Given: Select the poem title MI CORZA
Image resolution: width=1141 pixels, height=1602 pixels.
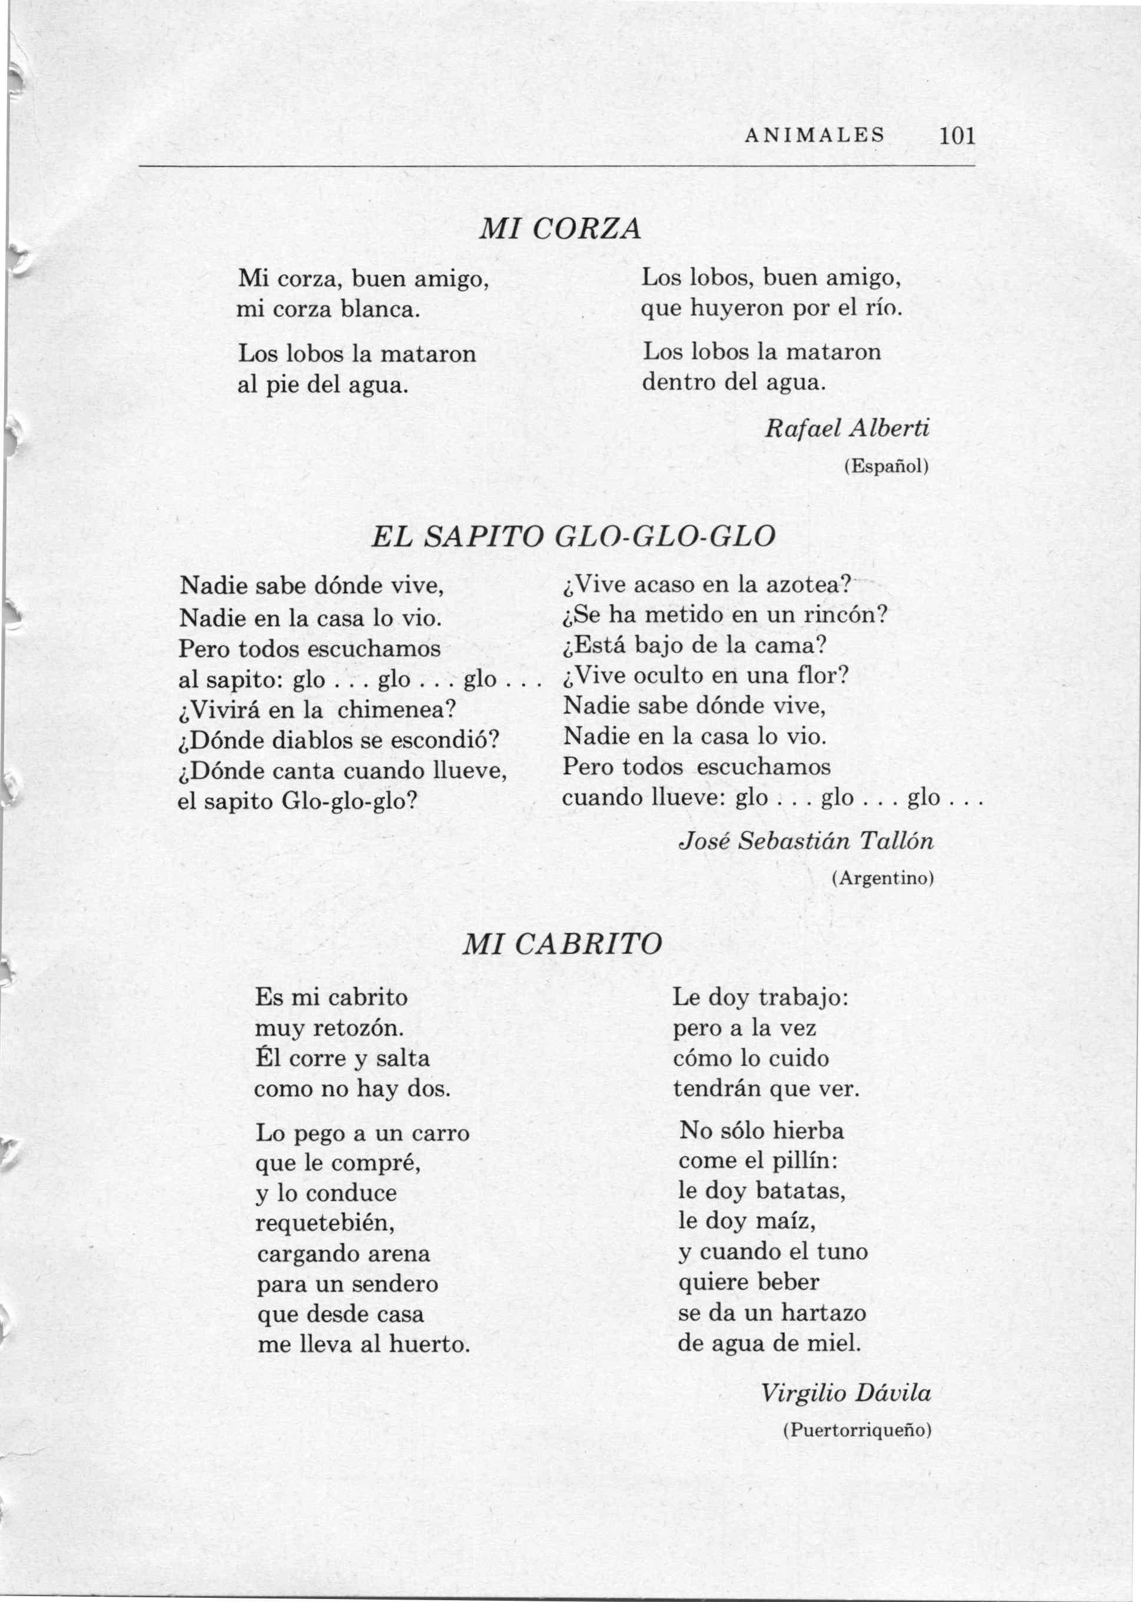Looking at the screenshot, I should pyautogui.click(x=560, y=229).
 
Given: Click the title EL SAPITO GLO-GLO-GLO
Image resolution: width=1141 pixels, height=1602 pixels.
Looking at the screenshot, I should pyautogui.click(x=573, y=537).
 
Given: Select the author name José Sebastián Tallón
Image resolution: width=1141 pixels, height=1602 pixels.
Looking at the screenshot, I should pyautogui.click(x=807, y=841).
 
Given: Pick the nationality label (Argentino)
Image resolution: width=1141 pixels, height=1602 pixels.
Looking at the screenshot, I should pyautogui.click(x=883, y=878).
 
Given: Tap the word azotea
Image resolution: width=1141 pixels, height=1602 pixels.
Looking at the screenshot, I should pyautogui.click(x=811, y=584).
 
